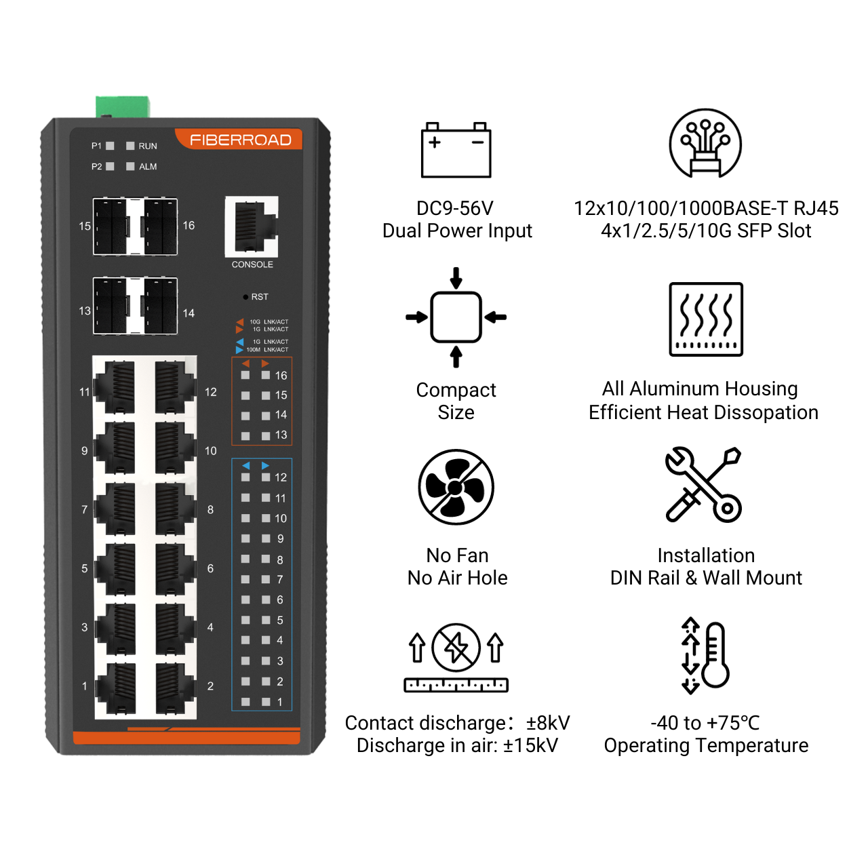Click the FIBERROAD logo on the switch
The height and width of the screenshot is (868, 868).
click(x=240, y=140)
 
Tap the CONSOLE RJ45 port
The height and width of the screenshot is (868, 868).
click(x=252, y=226)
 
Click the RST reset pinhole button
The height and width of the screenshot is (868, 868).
click(x=245, y=297)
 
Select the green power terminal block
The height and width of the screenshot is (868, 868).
click(x=123, y=107)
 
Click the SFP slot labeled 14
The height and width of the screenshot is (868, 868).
click(x=160, y=307)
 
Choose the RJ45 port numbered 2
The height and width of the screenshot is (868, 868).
click(x=175, y=688)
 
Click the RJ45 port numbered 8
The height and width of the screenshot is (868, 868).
click(x=175, y=509)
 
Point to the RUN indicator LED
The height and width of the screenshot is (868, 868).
click(x=130, y=146)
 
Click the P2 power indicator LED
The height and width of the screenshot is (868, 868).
click(x=110, y=166)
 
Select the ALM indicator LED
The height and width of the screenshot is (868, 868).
click(x=130, y=166)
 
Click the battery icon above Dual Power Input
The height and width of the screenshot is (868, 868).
click(x=456, y=150)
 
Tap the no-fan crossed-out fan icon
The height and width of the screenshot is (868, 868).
click(x=456, y=487)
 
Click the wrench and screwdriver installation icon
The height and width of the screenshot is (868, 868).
click(x=703, y=484)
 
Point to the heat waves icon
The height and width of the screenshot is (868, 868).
click(x=706, y=319)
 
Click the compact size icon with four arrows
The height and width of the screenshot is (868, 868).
click(x=456, y=317)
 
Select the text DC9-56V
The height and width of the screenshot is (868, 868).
click(x=455, y=208)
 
